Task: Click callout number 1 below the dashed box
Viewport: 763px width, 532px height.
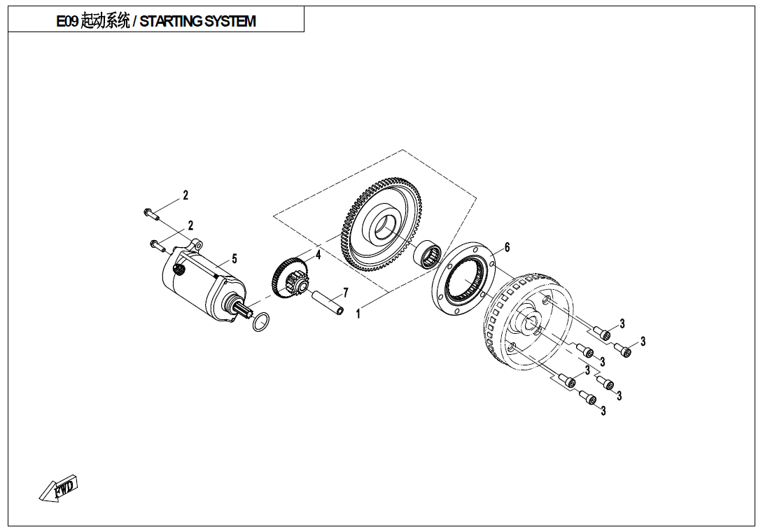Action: tap(358, 314)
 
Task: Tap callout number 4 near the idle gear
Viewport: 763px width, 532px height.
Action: tap(318, 255)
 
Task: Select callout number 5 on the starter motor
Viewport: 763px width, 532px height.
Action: tap(234, 259)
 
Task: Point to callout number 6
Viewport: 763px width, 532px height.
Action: tap(507, 247)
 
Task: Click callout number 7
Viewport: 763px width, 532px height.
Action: tap(345, 293)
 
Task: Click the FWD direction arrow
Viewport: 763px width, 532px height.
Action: tap(59, 488)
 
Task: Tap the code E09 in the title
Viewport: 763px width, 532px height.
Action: tap(68, 22)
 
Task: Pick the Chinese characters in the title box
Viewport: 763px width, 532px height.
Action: tap(105, 22)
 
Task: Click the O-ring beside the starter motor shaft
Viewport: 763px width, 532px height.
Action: tap(260, 322)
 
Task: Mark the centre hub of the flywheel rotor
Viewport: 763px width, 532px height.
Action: tap(529, 322)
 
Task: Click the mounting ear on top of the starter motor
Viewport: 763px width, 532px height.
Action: tap(195, 246)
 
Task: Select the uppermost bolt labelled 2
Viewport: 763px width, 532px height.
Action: tap(151, 212)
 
